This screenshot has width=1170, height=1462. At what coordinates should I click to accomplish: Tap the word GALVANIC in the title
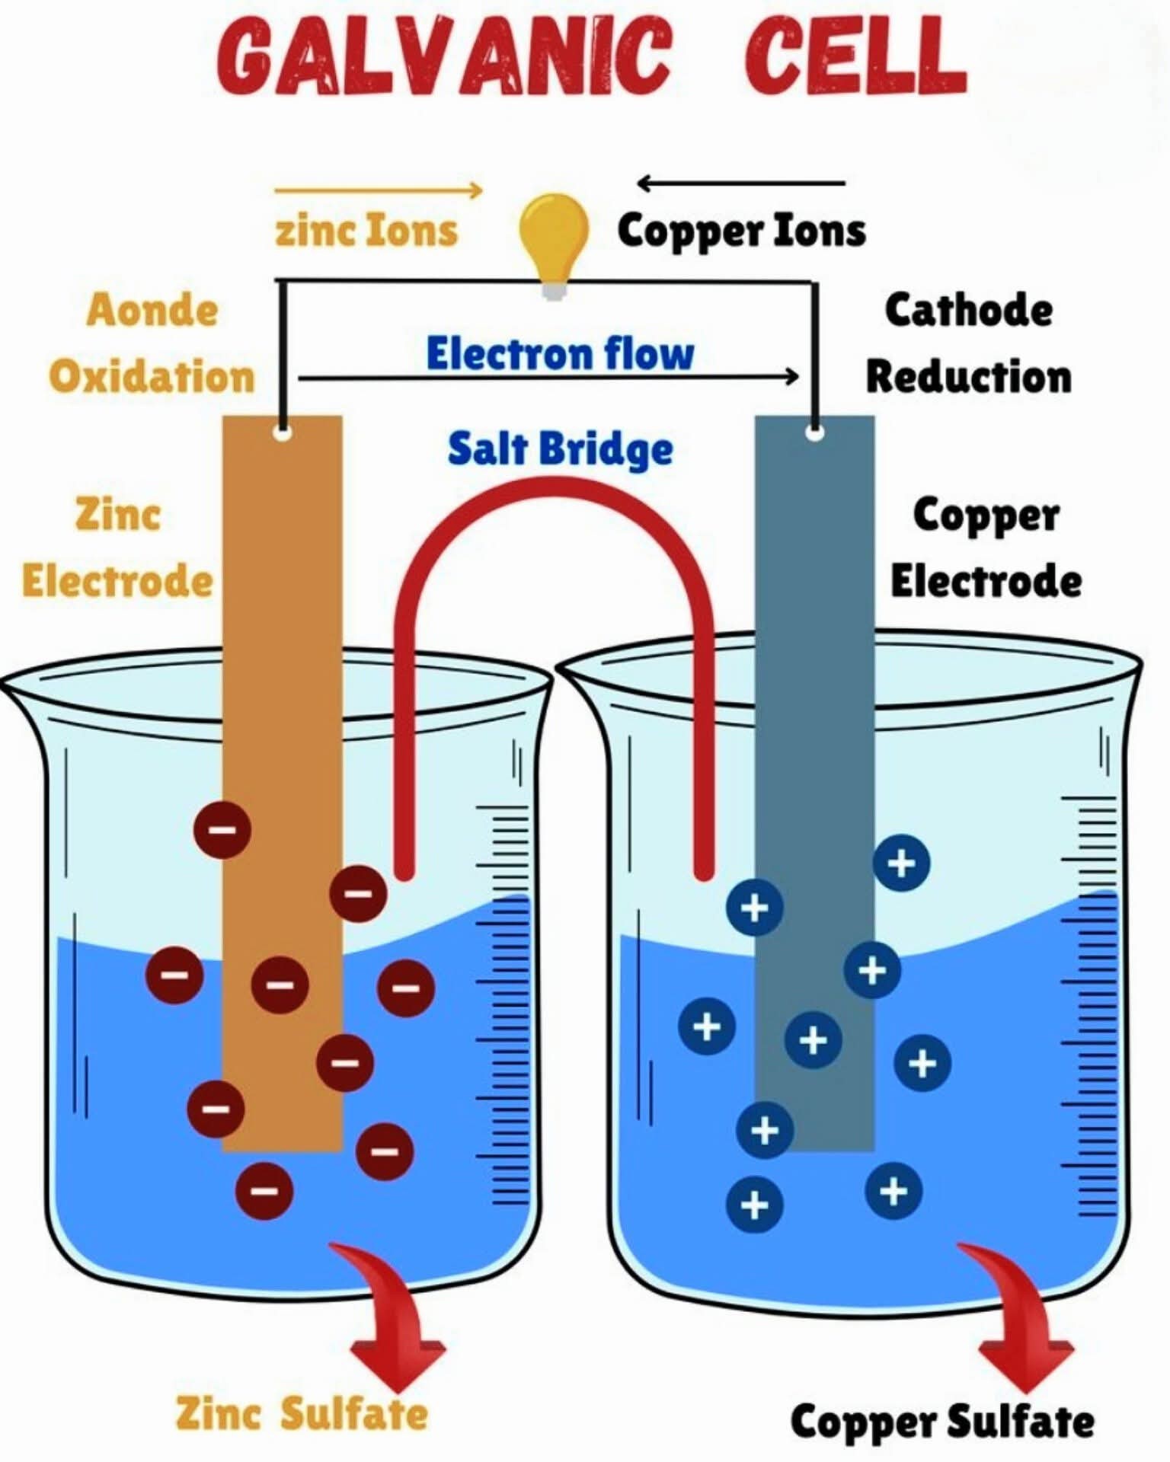pos(444,56)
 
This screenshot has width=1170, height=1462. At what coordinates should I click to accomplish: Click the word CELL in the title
pos(855,56)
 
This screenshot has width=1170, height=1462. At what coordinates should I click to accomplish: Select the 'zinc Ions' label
pos(366,230)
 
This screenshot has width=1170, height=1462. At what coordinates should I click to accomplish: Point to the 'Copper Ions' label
pos(741,231)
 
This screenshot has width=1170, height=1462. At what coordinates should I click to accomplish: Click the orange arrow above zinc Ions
pos(379,190)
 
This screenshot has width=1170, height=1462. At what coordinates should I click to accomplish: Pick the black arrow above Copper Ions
pos(740,183)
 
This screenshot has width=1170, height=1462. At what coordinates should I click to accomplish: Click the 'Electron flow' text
pos(560,353)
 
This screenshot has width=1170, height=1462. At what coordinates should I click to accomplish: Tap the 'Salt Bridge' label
pos(560,448)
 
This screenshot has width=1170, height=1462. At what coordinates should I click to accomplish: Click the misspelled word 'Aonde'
pos(152,310)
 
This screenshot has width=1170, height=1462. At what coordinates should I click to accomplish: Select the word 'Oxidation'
pos(152,376)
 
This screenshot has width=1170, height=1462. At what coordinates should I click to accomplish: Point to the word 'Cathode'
pos(968,310)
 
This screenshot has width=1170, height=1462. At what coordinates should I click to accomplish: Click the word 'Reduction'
pos(968,376)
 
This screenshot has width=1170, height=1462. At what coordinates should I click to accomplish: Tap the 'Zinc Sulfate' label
pos(302,1413)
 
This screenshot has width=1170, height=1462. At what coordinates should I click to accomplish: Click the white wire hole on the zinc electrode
pos(283,434)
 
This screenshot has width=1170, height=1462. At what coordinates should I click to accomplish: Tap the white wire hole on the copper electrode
pos(815,433)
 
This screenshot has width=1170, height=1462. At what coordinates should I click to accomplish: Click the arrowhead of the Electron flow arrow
pos(793,376)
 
